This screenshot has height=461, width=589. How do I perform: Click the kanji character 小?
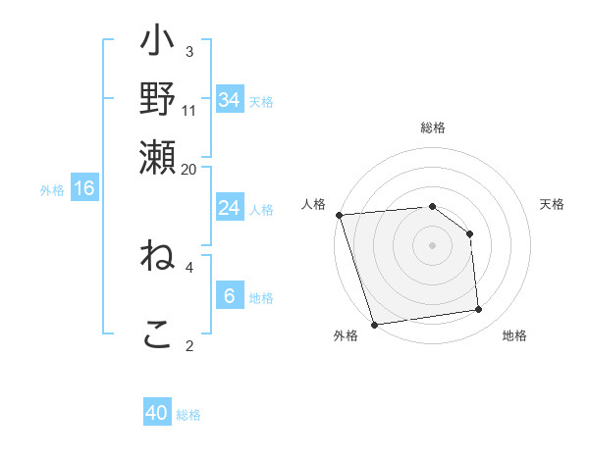[157, 43]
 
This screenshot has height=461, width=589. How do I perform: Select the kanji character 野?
[157, 99]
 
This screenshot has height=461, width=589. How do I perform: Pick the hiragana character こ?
[157, 333]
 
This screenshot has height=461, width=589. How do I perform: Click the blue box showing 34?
[229, 99]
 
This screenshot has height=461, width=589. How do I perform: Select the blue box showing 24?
[229, 208]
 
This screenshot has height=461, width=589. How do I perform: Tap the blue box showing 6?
[229, 296]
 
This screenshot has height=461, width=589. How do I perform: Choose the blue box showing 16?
[84, 189]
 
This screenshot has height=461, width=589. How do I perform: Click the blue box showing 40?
[157, 413]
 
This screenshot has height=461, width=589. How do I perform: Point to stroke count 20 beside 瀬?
[188, 169]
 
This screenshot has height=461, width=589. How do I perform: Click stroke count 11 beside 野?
[188, 111]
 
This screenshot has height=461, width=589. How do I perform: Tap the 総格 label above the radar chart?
[433, 128]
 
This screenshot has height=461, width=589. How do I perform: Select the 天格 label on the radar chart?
[553, 204]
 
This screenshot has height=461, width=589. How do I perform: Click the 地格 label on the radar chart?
[514, 336]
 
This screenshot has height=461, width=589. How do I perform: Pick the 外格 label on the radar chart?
[346, 336]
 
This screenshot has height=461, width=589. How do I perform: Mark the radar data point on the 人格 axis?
[339, 215]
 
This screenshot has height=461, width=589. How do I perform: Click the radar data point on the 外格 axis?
[374, 325]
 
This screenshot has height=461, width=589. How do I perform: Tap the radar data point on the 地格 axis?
[479, 310]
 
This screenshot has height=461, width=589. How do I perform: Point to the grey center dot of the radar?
[433, 245]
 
